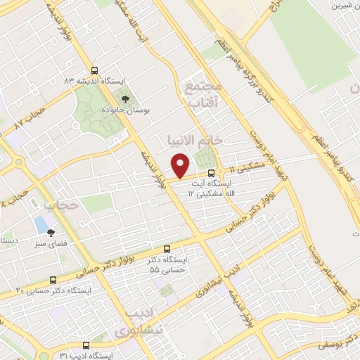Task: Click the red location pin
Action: [181, 165]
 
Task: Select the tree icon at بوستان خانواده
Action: [125, 100]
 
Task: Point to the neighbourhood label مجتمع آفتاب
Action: [203, 94]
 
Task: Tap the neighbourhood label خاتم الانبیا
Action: [193, 139]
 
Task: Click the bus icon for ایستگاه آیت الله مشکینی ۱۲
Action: [211, 174]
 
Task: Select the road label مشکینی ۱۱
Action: [243, 169]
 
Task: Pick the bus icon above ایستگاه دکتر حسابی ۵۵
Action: [167, 249]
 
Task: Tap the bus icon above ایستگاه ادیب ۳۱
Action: [86, 345]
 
